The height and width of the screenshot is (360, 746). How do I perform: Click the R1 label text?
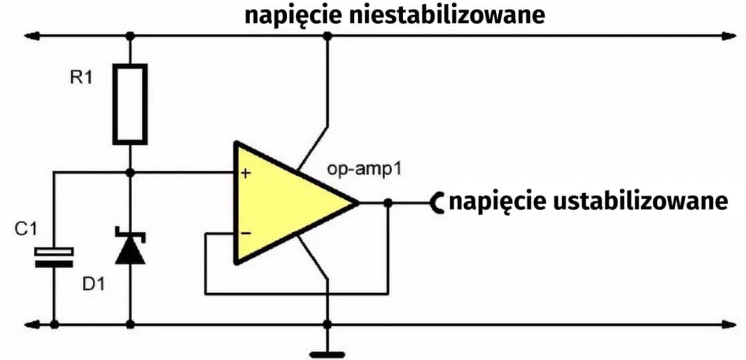81,78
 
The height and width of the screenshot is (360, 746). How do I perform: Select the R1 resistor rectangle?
131,104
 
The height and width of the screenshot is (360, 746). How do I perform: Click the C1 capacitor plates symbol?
54,257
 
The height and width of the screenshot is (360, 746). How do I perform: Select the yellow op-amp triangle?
283,203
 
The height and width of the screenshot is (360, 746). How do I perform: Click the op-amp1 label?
364,169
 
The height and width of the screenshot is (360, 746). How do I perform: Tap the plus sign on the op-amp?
245,173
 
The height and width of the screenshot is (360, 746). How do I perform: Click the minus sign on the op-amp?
245,234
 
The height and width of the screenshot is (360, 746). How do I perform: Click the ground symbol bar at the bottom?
327,354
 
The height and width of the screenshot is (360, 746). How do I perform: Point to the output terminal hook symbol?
437,202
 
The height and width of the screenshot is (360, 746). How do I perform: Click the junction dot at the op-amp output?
388,203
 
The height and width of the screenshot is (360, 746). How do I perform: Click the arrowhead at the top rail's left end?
30,35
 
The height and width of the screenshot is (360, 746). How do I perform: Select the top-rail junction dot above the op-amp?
327,35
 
